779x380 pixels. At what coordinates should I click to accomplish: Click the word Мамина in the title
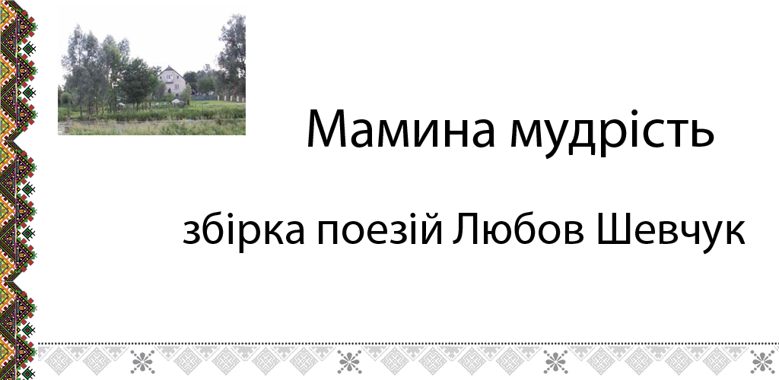(x=400, y=128)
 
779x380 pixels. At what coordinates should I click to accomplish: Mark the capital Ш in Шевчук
(x=615, y=231)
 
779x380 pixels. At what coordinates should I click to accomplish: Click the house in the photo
(x=173, y=82)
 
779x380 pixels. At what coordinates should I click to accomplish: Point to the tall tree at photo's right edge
(x=233, y=55)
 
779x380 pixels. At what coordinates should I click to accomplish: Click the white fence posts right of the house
(x=231, y=99)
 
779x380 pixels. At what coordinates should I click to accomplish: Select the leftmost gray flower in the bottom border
(x=143, y=362)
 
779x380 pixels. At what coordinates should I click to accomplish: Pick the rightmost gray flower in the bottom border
(x=762, y=362)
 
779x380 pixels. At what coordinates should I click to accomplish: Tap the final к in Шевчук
(x=735, y=235)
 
